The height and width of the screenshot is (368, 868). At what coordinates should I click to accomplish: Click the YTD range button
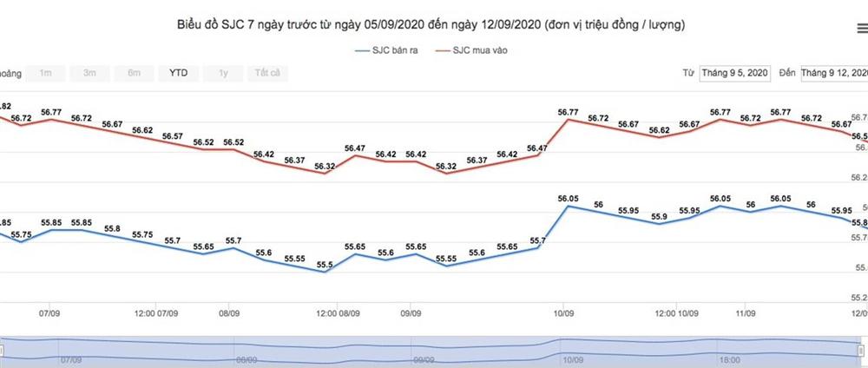[x=177, y=73]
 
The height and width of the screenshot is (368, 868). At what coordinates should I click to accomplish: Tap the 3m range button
[x=89, y=73]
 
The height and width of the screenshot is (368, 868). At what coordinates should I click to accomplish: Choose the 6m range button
[x=134, y=73]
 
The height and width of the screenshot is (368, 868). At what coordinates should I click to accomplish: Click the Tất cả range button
[x=266, y=73]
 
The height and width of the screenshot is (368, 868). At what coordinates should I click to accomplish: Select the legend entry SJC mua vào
[x=478, y=51]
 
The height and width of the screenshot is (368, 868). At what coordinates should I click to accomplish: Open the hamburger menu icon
[x=860, y=29]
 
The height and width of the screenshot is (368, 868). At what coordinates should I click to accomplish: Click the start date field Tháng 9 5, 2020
[x=735, y=73]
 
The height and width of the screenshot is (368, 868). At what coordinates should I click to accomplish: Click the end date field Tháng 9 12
[x=833, y=73]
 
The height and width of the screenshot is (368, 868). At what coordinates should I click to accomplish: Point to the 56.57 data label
[x=172, y=136]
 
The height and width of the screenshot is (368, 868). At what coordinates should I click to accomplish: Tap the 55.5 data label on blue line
[x=325, y=265]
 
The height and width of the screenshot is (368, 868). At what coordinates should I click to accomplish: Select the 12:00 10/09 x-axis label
[x=677, y=312]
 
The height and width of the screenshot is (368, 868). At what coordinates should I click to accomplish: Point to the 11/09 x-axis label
[x=744, y=312]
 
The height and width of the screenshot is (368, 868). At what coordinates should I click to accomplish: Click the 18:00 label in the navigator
[x=729, y=358]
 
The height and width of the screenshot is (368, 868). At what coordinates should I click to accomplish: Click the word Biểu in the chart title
[x=194, y=24]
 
